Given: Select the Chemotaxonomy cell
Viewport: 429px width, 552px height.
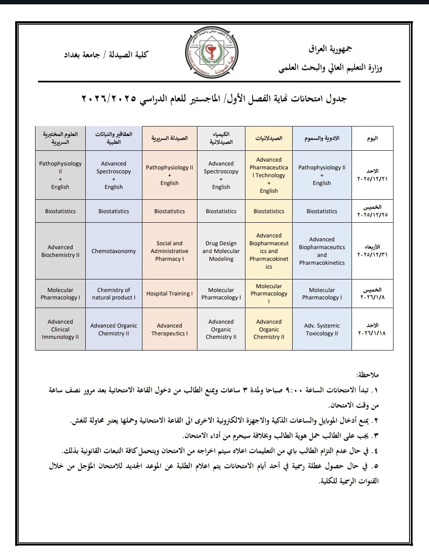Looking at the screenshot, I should [113, 251].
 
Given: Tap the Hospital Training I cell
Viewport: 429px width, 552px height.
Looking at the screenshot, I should [169, 294].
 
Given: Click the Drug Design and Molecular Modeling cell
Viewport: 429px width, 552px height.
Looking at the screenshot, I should [221, 251].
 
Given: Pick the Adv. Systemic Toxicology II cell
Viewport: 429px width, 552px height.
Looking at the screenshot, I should [322, 330].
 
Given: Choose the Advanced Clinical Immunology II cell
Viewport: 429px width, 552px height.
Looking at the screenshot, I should [60, 329].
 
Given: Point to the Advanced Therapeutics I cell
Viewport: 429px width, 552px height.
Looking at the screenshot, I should [169, 330].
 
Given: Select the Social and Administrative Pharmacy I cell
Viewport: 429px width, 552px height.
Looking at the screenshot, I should [169, 251].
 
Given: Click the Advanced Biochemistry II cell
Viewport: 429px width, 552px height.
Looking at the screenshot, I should [60, 251].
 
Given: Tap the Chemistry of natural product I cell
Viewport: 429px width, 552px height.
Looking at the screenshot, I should [113, 294].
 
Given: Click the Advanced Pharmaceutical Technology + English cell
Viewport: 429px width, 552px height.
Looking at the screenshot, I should [268, 175].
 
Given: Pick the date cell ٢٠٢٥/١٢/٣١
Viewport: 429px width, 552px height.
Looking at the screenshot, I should [372, 251].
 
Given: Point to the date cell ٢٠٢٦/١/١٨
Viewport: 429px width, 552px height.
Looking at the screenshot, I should [372, 330].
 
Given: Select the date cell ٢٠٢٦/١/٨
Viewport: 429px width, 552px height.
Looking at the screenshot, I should [372, 294].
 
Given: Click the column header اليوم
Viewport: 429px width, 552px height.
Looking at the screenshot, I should [372, 138].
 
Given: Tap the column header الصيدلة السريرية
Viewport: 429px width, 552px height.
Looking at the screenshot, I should [169, 138].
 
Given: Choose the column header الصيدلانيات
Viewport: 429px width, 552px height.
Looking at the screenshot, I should [268, 138].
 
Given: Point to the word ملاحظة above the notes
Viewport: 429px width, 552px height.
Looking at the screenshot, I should [367, 374].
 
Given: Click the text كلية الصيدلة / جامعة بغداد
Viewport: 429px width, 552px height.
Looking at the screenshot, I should [106, 55].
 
